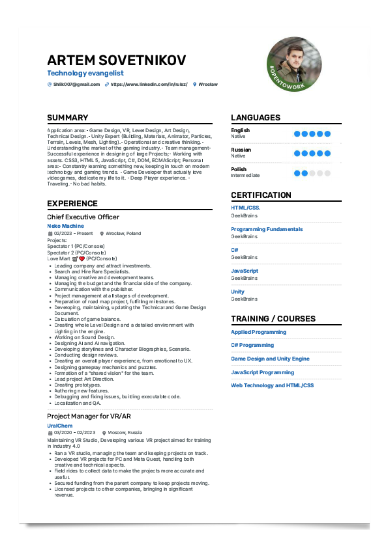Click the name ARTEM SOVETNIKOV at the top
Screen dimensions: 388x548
click(116, 61)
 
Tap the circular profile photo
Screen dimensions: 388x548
click(294, 64)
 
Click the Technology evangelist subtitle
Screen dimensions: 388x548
click(85, 74)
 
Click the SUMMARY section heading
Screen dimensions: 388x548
click(67, 118)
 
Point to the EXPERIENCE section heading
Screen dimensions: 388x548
click(72, 204)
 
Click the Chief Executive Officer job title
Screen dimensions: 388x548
click(83, 217)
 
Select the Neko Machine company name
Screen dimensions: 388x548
click(65, 226)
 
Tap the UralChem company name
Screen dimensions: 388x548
click(59, 425)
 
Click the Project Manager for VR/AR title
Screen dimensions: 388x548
click(89, 416)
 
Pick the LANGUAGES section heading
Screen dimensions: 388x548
click(256, 118)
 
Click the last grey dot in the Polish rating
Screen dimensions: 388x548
click(327, 173)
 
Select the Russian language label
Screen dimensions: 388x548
click(241, 150)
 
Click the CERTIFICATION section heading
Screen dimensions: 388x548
click(261, 195)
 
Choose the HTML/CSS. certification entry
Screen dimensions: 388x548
click(246, 208)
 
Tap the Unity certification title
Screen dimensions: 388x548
click(238, 292)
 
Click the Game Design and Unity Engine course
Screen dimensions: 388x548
click(270, 359)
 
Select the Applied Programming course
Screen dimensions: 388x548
click(258, 332)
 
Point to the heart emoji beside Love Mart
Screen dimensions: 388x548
click(82, 258)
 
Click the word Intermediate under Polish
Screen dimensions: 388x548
click(245, 175)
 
